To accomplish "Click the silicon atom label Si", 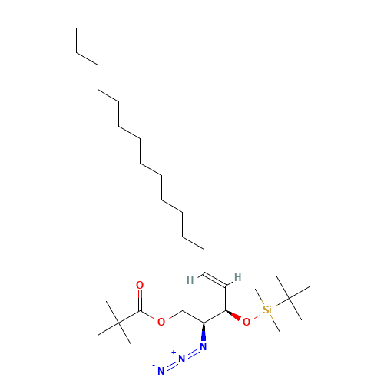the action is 267,310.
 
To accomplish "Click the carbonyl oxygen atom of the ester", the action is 140,285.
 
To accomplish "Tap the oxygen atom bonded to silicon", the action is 247,322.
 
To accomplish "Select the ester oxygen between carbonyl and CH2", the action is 161,322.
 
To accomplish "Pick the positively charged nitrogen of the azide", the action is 182,359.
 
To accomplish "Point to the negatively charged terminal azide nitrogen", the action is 161,371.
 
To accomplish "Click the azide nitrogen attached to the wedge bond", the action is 204,346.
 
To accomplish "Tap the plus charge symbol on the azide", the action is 174,353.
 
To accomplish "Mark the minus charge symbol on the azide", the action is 154,365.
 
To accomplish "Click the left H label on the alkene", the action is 190,280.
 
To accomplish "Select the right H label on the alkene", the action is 238,277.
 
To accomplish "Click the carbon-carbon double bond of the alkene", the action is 214,280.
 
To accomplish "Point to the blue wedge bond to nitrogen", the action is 204,332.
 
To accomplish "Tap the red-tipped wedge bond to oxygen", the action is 233,316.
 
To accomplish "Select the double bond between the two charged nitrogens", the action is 171,365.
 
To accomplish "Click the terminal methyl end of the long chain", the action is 76,28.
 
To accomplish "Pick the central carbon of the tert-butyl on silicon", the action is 289,298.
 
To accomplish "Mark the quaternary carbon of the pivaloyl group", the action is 118,323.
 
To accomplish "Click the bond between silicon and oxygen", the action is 257,316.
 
